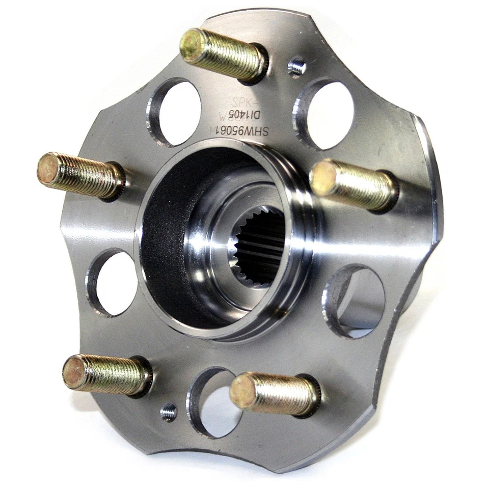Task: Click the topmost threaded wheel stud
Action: (224, 54)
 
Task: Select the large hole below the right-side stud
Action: (357, 301)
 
